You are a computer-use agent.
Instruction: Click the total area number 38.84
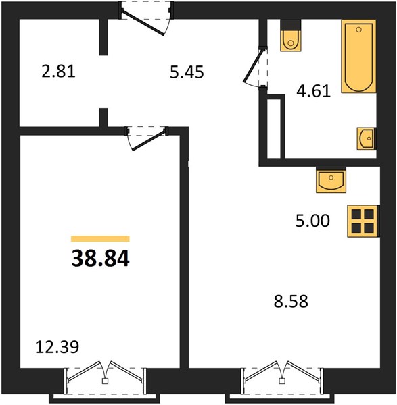(x=100, y=259)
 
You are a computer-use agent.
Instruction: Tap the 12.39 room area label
(x=57, y=347)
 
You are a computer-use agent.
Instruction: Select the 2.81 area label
(x=58, y=72)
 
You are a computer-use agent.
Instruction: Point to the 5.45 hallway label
(x=187, y=72)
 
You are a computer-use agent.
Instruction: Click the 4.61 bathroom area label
(x=313, y=91)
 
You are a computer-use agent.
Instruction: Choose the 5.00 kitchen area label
(x=312, y=221)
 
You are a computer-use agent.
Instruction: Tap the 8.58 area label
(x=291, y=302)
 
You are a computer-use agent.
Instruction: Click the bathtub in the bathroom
(x=358, y=56)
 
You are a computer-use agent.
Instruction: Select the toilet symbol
(x=291, y=36)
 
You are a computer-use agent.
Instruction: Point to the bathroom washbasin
(x=366, y=138)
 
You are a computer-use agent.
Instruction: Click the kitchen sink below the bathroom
(x=331, y=180)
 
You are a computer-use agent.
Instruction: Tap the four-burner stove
(x=363, y=221)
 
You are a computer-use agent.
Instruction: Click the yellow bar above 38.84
(x=100, y=239)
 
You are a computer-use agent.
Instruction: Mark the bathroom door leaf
(x=252, y=65)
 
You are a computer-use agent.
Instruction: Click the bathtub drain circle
(x=358, y=30)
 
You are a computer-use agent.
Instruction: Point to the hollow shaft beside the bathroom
(x=274, y=128)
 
